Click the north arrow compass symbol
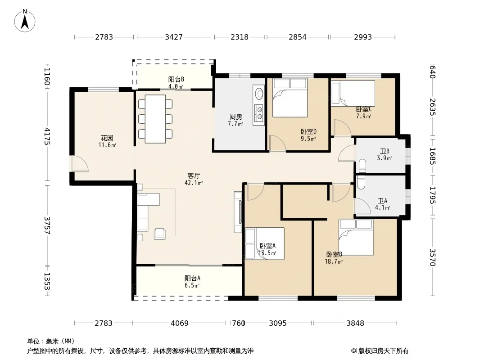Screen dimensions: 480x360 [24, 21]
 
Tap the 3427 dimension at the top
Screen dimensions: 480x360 [173, 37]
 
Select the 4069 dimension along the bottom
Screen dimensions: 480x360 [180, 323]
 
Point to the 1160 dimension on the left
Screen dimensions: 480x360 [47, 76]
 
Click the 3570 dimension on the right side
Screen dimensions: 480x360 [432, 257]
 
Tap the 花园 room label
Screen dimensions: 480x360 [107, 138]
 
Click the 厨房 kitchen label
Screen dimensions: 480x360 [235, 117]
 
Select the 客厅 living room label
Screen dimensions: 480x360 [194, 176]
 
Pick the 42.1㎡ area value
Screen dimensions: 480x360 [194, 183]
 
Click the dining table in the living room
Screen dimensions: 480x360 [155, 119]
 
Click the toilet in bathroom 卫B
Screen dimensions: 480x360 [362, 166]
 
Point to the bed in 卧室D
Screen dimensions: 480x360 [290, 98]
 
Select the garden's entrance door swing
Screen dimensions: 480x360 [80, 164]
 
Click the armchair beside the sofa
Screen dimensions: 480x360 [159, 234]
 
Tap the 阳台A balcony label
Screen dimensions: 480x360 [192, 279]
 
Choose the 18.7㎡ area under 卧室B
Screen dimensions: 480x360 [334, 261]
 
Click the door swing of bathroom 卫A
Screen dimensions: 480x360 [362, 206]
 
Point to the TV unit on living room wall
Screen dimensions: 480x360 [238, 212]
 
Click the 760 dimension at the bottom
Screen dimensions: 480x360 [239, 323]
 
